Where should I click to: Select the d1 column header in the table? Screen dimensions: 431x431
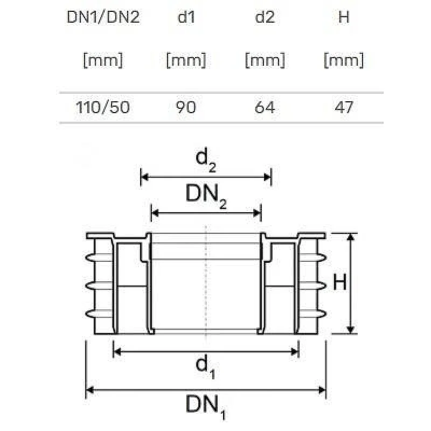point(186,17)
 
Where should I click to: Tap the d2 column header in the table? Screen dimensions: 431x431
point(265,17)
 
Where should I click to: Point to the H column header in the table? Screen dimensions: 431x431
point(344,17)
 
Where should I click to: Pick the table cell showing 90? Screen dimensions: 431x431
point(186,107)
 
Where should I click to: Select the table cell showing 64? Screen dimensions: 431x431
point(265,107)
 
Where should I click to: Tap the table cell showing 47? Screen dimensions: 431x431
point(344,107)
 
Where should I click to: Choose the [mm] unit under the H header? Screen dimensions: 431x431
point(344,60)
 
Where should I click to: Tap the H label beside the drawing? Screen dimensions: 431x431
point(339,282)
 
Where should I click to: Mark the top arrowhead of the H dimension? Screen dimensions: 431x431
point(351,238)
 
